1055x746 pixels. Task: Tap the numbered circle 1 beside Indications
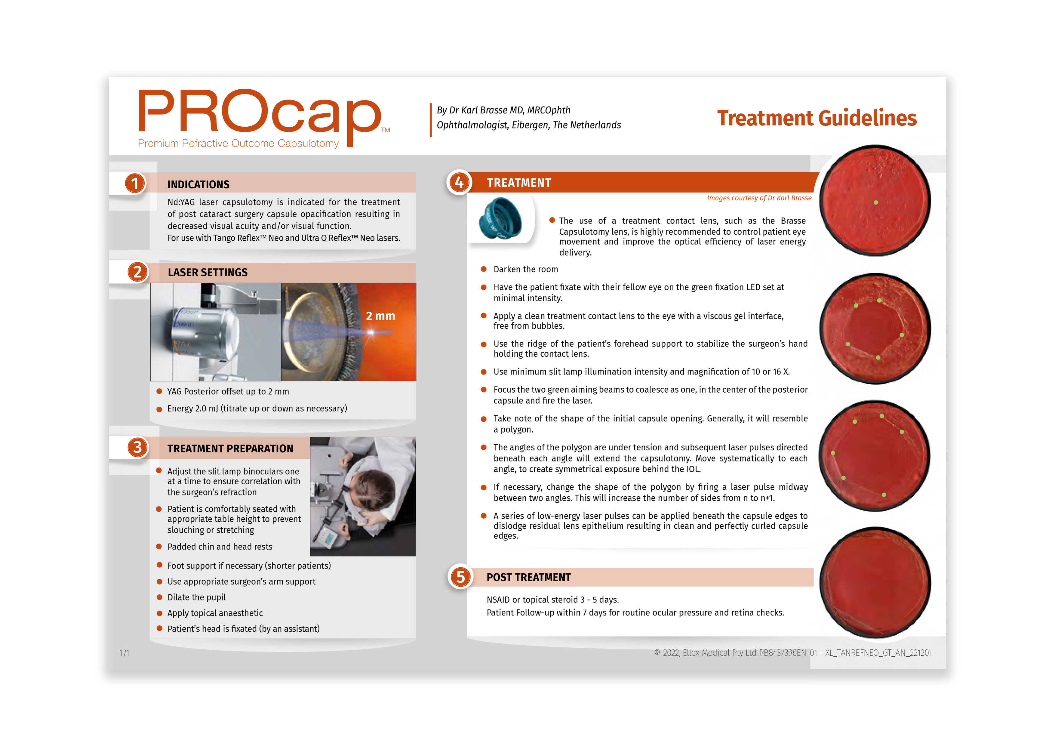click(x=135, y=183)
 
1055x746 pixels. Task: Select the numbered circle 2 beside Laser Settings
click(x=137, y=272)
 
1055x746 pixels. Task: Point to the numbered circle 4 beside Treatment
click(x=459, y=183)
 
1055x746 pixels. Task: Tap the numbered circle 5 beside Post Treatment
click(x=460, y=577)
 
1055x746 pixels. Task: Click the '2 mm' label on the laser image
click(x=380, y=316)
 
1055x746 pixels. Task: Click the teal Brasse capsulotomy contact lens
click(x=500, y=218)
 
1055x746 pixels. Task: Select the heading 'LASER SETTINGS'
click(x=208, y=273)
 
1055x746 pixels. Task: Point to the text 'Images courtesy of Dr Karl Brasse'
click(x=759, y=198)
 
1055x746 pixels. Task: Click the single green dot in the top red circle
click(x=876, y=202)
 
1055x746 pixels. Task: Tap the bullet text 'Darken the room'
click(x=526, y=269)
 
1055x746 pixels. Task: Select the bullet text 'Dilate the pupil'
click(x=197, y=597)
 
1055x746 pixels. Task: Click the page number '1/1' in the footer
click(x=125, y=653)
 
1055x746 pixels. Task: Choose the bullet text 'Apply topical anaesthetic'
click(x=215, y=613)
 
